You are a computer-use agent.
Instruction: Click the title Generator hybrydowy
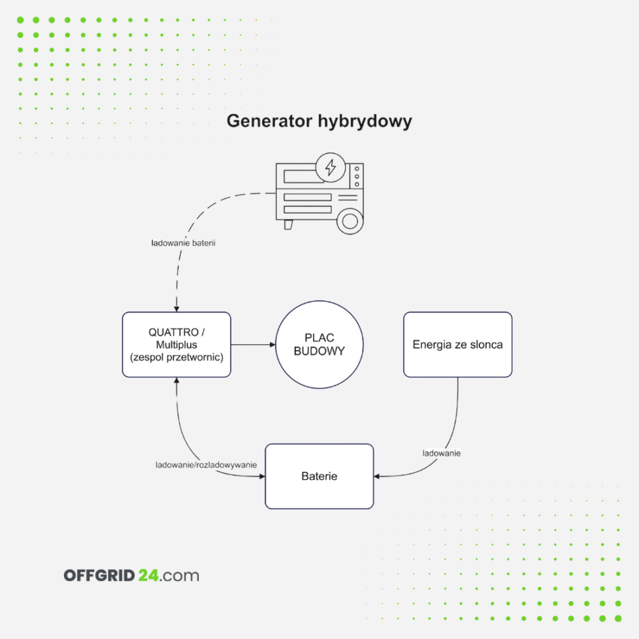click(319, 121)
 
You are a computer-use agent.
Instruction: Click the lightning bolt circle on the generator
click(331, 168)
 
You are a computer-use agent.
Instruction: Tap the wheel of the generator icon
click(350, 220)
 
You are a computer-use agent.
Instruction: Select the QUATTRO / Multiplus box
click(176, 344)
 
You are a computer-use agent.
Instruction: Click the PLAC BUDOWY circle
click(319, 344)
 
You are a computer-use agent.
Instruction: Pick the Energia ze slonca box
click(457, 344)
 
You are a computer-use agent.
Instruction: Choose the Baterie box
click(319, 476)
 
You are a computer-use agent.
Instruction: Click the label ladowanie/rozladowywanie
click(205, 465)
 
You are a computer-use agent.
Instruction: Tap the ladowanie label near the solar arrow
click(441, 453)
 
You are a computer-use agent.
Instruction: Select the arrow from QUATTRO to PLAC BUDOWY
click(253, 344)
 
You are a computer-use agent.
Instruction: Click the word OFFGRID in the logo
click(99, 576)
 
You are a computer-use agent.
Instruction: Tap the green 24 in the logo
click(147, 576)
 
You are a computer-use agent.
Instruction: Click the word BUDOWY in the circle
click(319, 351)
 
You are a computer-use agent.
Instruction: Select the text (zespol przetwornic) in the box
click(176, 357)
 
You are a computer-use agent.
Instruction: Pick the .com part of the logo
click(179, 576)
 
